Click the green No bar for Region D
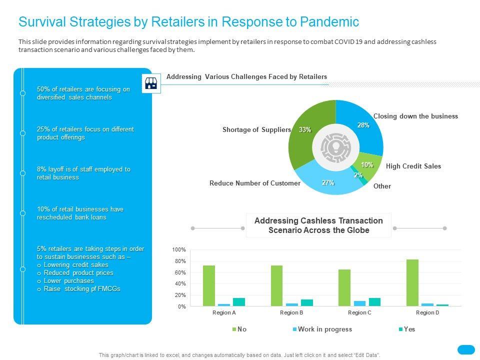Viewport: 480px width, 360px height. click(412, 282)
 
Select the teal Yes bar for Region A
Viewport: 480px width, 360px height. click(238, 302)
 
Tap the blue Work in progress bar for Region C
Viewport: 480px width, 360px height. click(359, 303)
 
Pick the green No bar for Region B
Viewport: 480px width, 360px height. click(276, 285)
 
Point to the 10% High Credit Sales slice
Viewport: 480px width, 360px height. click(367, 165)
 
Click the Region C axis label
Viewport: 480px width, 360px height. click(359, 312)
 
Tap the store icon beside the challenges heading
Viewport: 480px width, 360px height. click(151, 83)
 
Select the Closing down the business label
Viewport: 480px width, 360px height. click(415, 116)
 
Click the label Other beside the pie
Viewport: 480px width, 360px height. click(382, 186)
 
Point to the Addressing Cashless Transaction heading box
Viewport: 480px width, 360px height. click(318, 225)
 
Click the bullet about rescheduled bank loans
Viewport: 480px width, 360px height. click(80, 213)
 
